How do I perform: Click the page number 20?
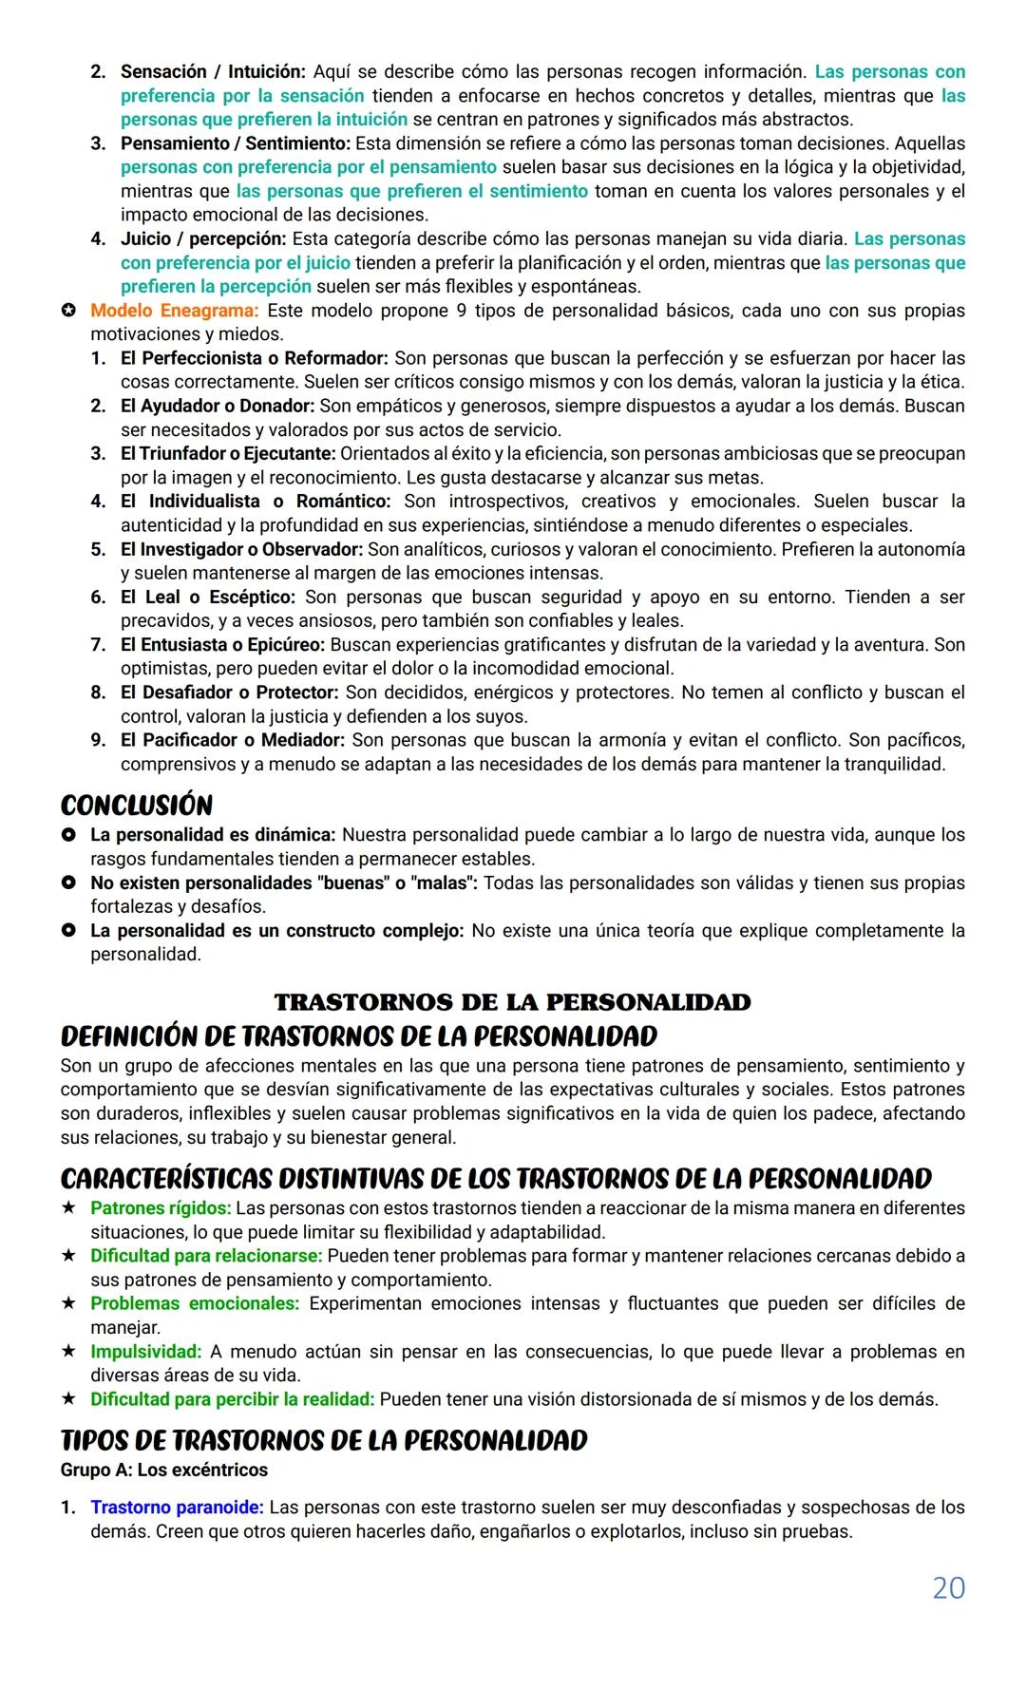948,1587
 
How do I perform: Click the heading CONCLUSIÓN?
137,806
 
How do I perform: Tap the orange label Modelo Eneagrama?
174,311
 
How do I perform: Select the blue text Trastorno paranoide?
178,1507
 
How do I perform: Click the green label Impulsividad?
146,1351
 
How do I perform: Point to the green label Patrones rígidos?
161,1208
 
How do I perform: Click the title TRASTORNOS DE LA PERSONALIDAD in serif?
512,1002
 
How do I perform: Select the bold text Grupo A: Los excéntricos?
163,1470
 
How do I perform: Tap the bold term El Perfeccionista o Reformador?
254,358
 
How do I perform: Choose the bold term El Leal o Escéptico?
208,597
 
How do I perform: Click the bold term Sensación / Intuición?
213,71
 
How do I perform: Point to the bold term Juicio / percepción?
203,238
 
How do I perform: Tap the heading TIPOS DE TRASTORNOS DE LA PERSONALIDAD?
324,1441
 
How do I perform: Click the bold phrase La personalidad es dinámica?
213,835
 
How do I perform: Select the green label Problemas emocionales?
195,1303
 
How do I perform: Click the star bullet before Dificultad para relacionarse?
68,1256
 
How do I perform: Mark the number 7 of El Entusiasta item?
98,644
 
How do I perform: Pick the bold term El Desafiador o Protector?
229,692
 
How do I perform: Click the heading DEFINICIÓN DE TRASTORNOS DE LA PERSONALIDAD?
359,1035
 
